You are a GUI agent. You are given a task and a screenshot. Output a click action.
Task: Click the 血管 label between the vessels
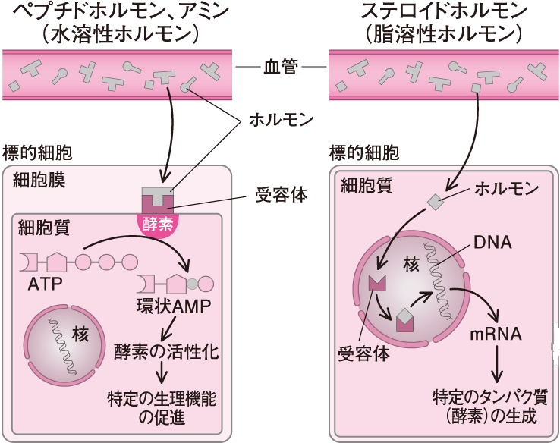pos(281,68)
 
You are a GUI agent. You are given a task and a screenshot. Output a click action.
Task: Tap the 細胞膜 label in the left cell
pos(37,181)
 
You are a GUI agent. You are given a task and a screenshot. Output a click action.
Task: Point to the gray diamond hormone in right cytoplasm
pos(435,202)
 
